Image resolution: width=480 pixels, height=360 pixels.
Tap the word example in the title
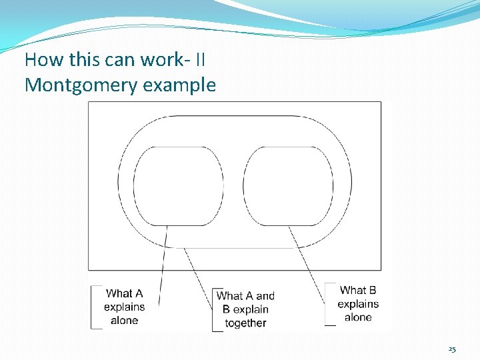tap(183, 85)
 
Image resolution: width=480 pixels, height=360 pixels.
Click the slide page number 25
tap(452, 349)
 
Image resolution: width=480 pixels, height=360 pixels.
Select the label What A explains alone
tap(124, 307)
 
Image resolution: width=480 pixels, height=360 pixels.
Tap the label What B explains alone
tap(358, 303)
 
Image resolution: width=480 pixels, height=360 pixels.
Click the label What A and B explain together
tap(245, 309)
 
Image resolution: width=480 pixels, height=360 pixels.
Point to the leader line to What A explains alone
tap(162, 267)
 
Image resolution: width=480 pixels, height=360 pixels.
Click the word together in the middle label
tap(245, 323)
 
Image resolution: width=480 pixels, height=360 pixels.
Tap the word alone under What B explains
tap(358, 317)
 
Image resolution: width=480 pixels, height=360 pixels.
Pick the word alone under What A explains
tap(124, 321)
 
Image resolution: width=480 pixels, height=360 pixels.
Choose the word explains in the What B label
tap(358, 304)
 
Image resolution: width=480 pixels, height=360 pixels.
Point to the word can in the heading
tap(120, 60)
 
